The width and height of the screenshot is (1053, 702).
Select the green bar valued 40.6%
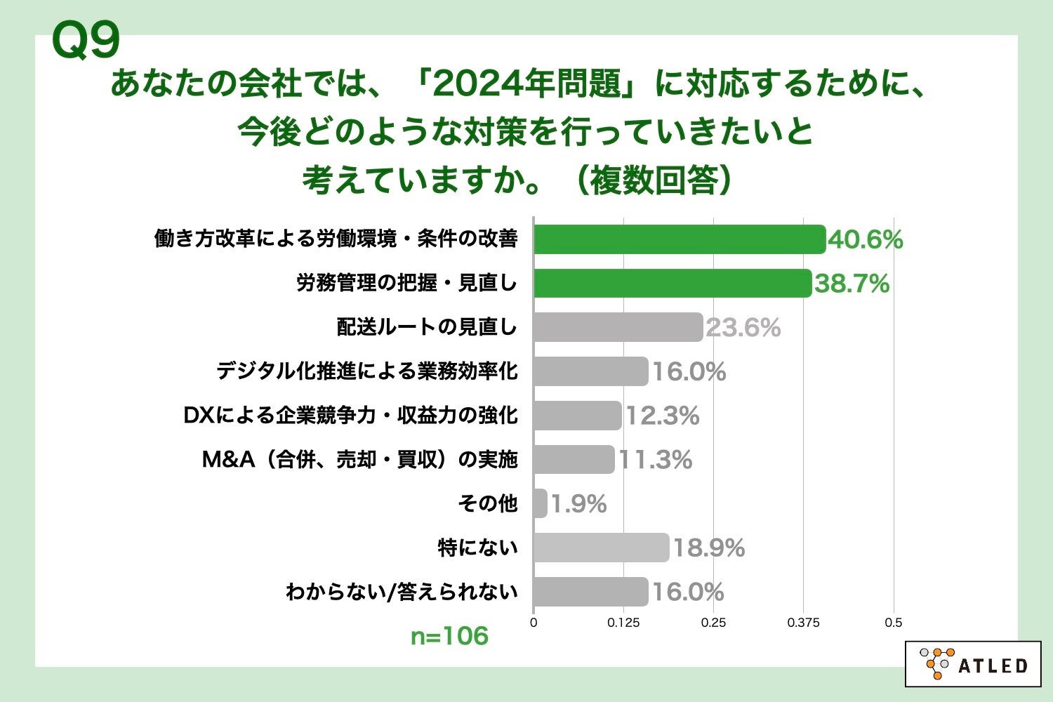679,239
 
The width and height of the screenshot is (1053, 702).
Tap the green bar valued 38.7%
672,283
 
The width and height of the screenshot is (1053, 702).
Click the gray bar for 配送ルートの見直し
618,327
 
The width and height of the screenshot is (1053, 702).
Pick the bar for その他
540,503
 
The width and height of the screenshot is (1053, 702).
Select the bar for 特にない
601,548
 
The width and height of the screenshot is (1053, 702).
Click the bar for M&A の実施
574,459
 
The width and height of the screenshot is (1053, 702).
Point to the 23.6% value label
743,328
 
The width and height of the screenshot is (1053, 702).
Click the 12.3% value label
662,416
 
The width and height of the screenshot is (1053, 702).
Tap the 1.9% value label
578,504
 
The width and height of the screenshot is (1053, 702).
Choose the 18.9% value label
708,548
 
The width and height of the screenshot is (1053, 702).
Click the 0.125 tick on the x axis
623,623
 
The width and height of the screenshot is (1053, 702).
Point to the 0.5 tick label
893,623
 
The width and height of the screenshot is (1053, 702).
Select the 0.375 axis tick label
803,623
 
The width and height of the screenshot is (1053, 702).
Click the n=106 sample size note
449,636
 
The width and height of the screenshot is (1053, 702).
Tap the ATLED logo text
993,665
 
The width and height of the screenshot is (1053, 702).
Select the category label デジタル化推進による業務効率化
366,371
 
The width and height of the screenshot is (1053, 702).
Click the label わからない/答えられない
402,592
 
